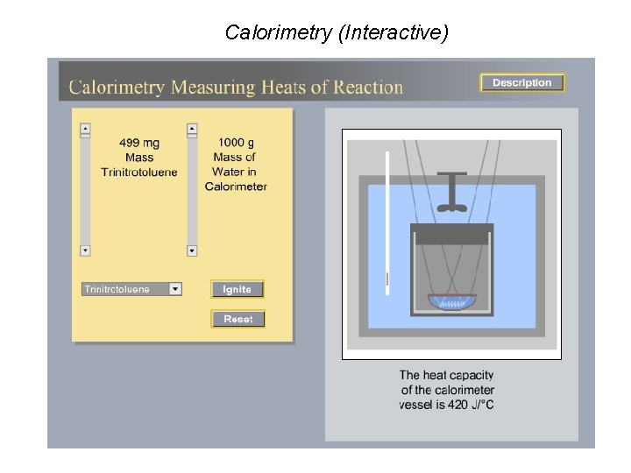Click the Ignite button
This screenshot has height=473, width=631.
(x=237, y=289)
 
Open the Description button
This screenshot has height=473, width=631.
(x=521, y=82)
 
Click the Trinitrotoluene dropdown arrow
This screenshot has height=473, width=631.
(x=175, y=289)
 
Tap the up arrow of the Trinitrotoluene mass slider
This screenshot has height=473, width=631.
(x=85, y=130)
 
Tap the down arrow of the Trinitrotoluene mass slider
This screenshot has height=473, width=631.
(x=85, y=251)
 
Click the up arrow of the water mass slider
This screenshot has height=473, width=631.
(x=192, y=130)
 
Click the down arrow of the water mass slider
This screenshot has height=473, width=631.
(x=192, y=251)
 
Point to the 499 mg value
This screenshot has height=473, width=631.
(x=139, y=143)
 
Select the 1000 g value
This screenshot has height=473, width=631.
(x=236, y=143)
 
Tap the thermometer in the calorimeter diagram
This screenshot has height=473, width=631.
(x=386, y=219)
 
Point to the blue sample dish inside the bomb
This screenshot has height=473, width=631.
(x=451, y=301)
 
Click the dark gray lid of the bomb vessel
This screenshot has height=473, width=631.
(x=451, y=234)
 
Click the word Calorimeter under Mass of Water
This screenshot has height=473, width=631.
(x=236, y=187)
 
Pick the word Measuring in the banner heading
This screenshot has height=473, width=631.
(x=210, y=88)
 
